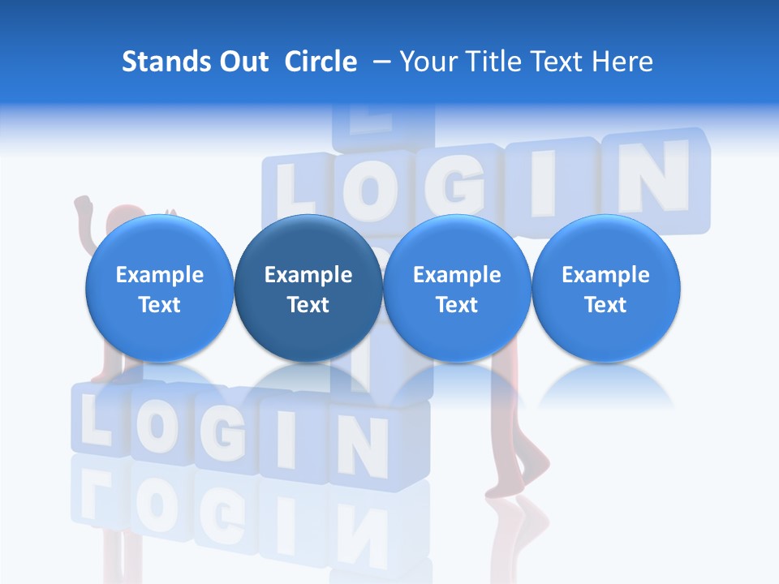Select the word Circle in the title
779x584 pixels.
321,62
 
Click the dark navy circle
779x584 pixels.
308,290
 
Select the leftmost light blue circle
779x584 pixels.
160,290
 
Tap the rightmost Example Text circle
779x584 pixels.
605,290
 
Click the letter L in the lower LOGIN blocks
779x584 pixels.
96,422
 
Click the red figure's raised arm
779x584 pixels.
84,217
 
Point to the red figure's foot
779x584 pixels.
532,474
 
